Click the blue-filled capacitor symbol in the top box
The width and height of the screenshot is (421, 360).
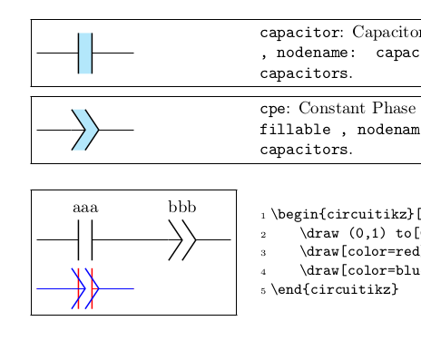tap(85, 54)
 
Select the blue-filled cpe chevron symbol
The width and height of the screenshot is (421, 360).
tap(85, 130)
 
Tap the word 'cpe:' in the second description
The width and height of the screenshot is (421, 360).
tap(275, 110)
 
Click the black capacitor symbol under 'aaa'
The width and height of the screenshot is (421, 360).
tap(85, 239)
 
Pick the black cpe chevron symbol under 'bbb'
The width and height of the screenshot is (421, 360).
tap(182, 239)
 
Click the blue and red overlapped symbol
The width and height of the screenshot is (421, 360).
tap(85, 288)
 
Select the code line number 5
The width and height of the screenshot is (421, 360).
tap(263, 290)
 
